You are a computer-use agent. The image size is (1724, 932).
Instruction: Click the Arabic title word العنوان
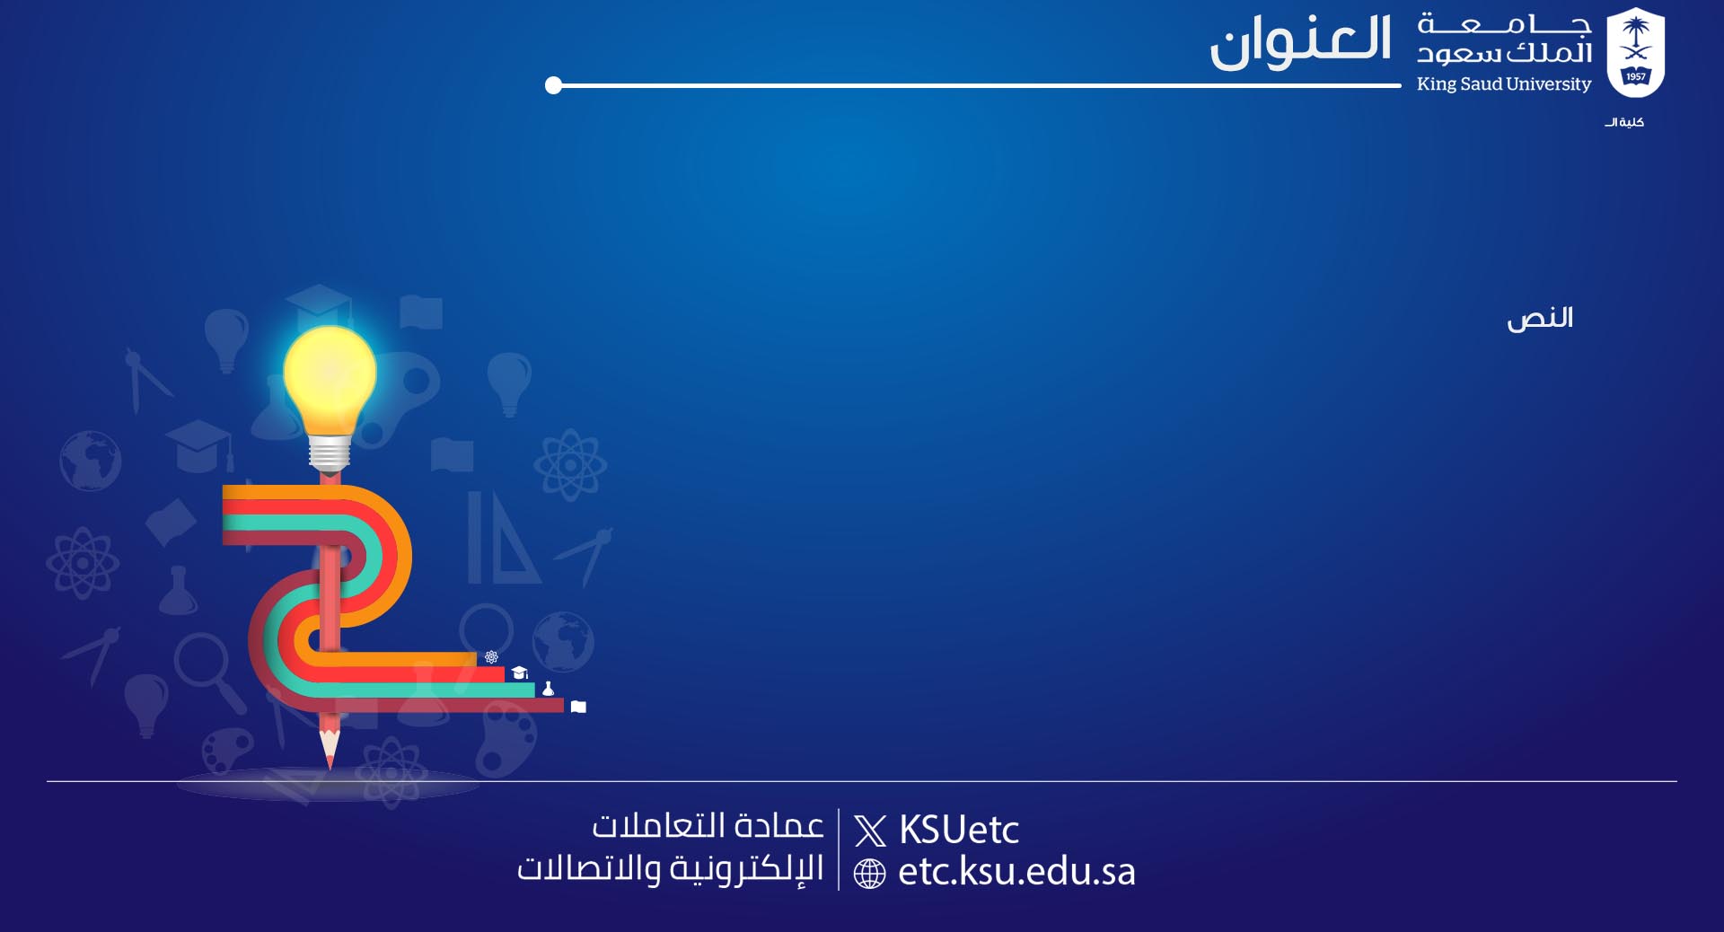[x=1300, y=41]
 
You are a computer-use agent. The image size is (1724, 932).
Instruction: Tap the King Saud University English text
[x=1504, y=84]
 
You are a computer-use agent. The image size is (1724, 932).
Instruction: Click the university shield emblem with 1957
[x=1635, y=52]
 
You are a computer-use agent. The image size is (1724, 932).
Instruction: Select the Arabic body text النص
[x=1540, y=319]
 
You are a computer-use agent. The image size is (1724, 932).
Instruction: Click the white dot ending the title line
[x=553, y=85]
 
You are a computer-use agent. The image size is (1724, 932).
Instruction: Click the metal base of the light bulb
[x=330, y=454]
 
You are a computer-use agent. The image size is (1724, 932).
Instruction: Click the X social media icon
[x=870, y=831]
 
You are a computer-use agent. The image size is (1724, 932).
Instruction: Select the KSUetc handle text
[x=959, y=830]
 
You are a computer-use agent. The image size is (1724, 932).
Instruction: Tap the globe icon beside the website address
[x=869, y=874]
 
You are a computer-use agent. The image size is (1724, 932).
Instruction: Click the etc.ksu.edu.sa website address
[x=1016, y=872]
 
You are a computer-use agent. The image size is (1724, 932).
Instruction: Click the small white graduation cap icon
[x=519, y=673]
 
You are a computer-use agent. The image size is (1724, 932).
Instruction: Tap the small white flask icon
[x=548, y=689]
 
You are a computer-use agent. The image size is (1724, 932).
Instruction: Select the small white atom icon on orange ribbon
[x=491, y=657]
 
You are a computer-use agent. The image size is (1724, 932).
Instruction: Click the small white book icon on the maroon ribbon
[x=578, y=707]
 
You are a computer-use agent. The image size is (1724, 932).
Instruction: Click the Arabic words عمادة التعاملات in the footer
[x=708, y=825]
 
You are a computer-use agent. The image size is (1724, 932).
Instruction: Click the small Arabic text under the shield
[x=1624, y=122]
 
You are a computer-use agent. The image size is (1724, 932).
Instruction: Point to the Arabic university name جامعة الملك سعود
[x=1504, y=39]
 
